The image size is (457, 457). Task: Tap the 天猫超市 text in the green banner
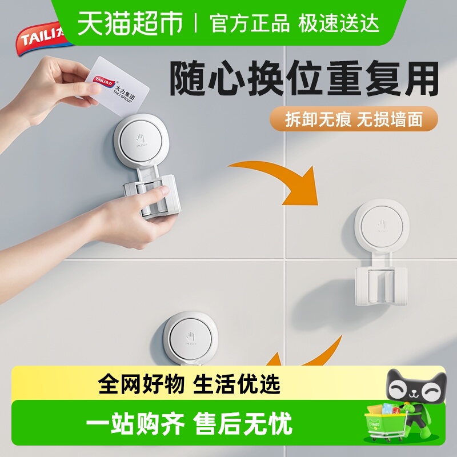point(130,23)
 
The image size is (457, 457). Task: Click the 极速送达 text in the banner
point(338,23)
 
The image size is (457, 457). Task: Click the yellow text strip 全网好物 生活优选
point(189,384)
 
